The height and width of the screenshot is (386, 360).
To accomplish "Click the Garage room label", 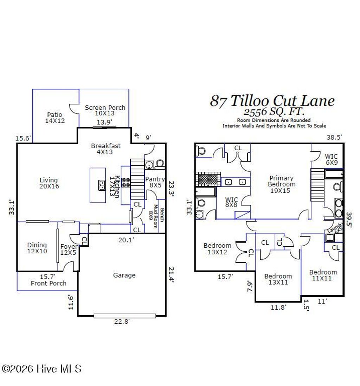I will [x=124, y=275].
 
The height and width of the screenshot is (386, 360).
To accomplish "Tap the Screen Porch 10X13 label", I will [x=105, y=110].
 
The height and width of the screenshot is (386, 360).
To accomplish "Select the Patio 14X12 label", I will [x=55, y=118].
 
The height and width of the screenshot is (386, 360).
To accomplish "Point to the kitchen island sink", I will [x=101, y=185].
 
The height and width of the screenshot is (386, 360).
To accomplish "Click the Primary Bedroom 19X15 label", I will [x=282, y=184].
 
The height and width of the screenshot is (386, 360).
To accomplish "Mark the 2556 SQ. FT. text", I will [x=274, y=112].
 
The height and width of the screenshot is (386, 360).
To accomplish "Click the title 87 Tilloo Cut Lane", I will [x=272, y=101].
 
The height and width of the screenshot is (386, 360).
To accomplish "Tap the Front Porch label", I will [x=49, y=283].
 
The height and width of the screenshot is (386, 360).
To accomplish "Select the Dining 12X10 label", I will [x=37, y=248].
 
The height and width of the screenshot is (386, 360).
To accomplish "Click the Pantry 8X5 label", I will [x=155, y=182].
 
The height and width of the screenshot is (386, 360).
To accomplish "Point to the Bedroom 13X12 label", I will [x=217, y=249].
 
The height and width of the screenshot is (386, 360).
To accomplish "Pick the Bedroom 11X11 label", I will [x=323, y=275].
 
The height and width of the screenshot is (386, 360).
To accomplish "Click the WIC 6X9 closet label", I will [x=331, y=160].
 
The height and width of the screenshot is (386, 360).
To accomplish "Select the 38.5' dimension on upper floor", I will [x=334, y=138].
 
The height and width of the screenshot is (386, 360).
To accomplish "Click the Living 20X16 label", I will [x=49, y=183].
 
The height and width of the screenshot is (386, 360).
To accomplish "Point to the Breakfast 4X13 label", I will [x=105, y=149].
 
